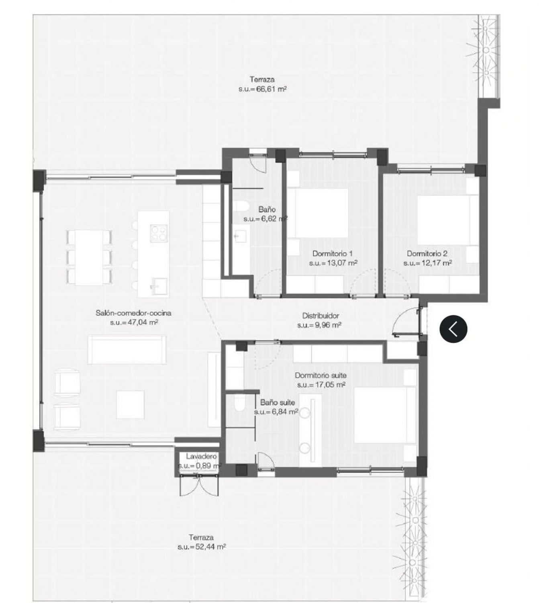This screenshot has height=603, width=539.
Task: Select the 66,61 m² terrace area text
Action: pos(262,89)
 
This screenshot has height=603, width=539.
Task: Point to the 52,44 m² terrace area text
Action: pos(201,547)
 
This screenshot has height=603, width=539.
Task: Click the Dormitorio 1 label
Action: pos(332,254)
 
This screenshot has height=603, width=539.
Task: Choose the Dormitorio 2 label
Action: pos(427,254)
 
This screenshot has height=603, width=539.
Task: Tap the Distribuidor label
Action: pos(321,316)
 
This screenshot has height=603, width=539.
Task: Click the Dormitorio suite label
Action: pos(321,375)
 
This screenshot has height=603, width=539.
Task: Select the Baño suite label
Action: pos(277,402)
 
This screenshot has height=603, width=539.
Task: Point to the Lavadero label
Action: pos(201,456)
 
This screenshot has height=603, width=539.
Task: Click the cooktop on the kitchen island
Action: pos(158,232)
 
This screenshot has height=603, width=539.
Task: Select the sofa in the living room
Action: pos(127,350)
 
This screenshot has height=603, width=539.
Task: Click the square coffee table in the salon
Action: pos(130,404)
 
